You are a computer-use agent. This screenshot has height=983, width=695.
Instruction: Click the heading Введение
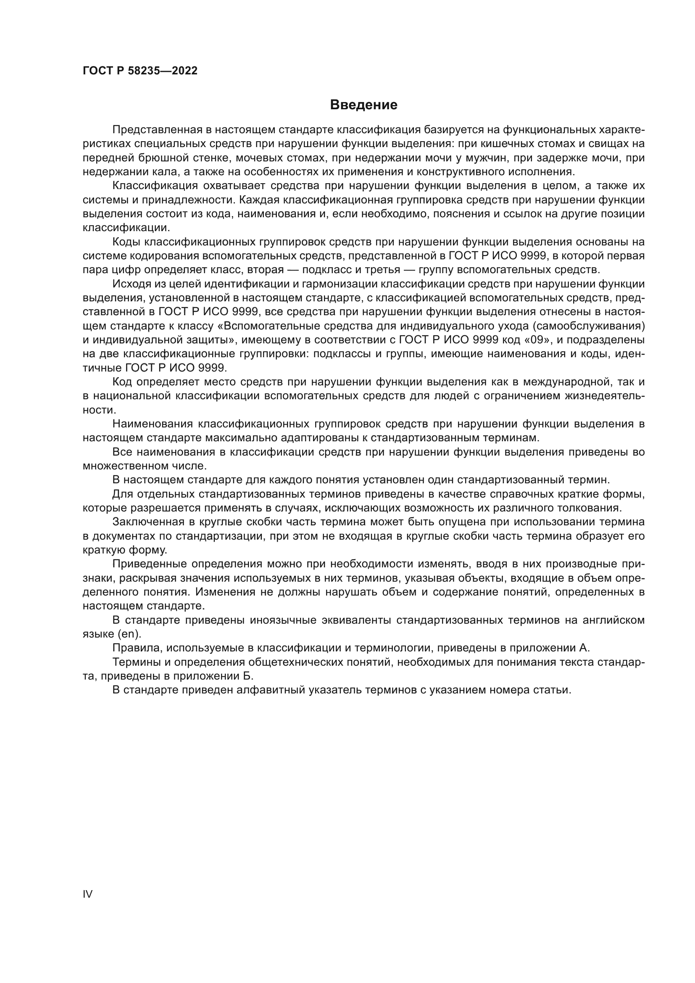click(363, 105)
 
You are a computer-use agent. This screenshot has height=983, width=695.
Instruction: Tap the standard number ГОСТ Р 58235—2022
click(140, 71)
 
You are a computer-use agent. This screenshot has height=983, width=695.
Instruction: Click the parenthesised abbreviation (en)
click(129, 634)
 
